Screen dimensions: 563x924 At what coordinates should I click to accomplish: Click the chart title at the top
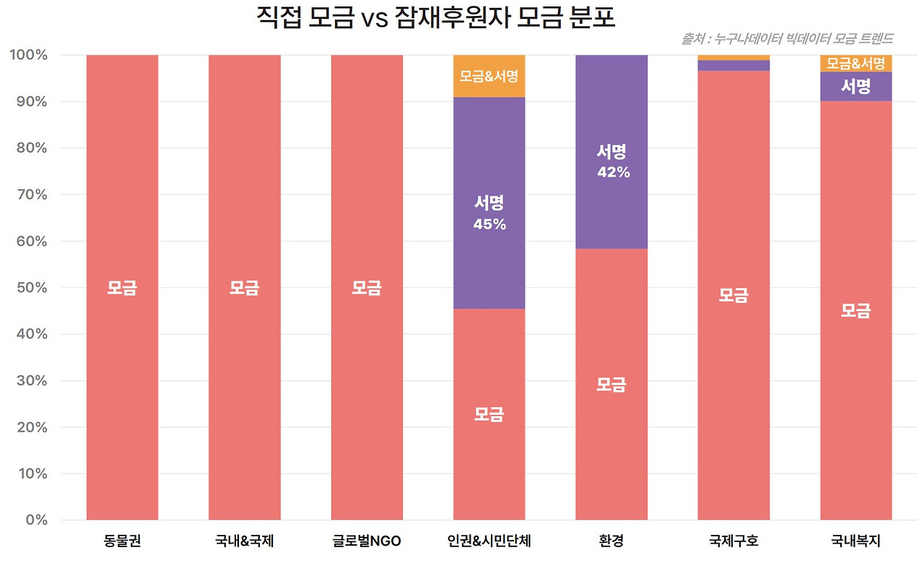click(x=436, y=17)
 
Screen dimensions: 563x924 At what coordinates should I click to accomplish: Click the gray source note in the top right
click(x=787, y=38)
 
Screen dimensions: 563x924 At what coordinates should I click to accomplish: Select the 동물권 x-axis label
click(x=122, y=541)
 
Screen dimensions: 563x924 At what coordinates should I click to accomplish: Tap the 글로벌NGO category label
click(x=367, y=541)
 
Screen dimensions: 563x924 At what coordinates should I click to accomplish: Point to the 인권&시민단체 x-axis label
click(x=489, y=541)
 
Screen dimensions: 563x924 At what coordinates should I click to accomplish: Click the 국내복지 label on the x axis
click(x=855, y=541)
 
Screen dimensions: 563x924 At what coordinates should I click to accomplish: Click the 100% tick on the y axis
click(x=28, y=56)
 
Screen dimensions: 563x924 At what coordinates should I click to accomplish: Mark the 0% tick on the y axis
click(x=34, y=520)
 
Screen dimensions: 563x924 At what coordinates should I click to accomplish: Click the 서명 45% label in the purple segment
click(x=489, y=214)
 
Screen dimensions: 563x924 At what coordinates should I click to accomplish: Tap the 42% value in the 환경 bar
click(x=613, y=173)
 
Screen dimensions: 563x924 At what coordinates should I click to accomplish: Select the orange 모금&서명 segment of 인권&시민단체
click(x=489, y=76)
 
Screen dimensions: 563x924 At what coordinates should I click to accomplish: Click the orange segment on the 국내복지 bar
click(x=855, y=64)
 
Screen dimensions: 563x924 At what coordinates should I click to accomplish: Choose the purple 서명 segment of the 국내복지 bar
click(x=855, y=87)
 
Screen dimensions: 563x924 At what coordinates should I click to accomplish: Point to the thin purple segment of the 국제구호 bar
click(x=733, y=66)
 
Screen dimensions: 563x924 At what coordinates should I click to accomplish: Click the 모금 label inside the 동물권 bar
click(x=122, y=288)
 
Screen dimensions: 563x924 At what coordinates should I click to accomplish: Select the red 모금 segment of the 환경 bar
click(x=611, y=384)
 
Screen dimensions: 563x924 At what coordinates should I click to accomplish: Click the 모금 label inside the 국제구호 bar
click(x=733, y=295)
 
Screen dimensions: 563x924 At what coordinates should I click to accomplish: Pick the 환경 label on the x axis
click(x=611, y=541)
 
